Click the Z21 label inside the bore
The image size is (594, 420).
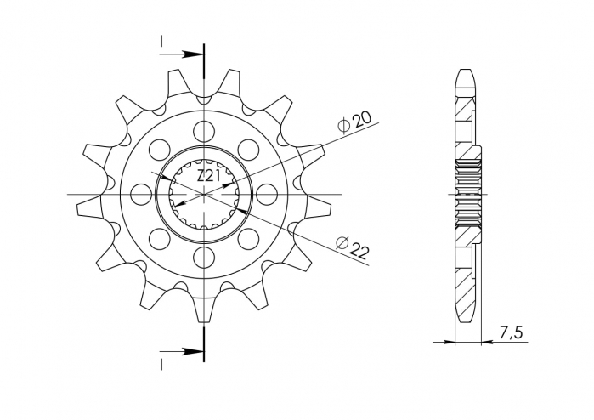pos(209,177)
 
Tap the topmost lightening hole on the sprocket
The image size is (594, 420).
pos(204,131)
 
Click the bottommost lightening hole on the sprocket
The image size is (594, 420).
pos(204,257)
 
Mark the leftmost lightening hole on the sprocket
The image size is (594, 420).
pos(142,194)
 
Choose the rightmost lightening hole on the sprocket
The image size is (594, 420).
pos(267,194)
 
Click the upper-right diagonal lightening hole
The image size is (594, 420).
pos(248,150)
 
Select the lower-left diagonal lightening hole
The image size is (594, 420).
pos(160,238)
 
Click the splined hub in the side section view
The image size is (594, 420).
pos(469,194)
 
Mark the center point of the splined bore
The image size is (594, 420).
pos(204,194)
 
